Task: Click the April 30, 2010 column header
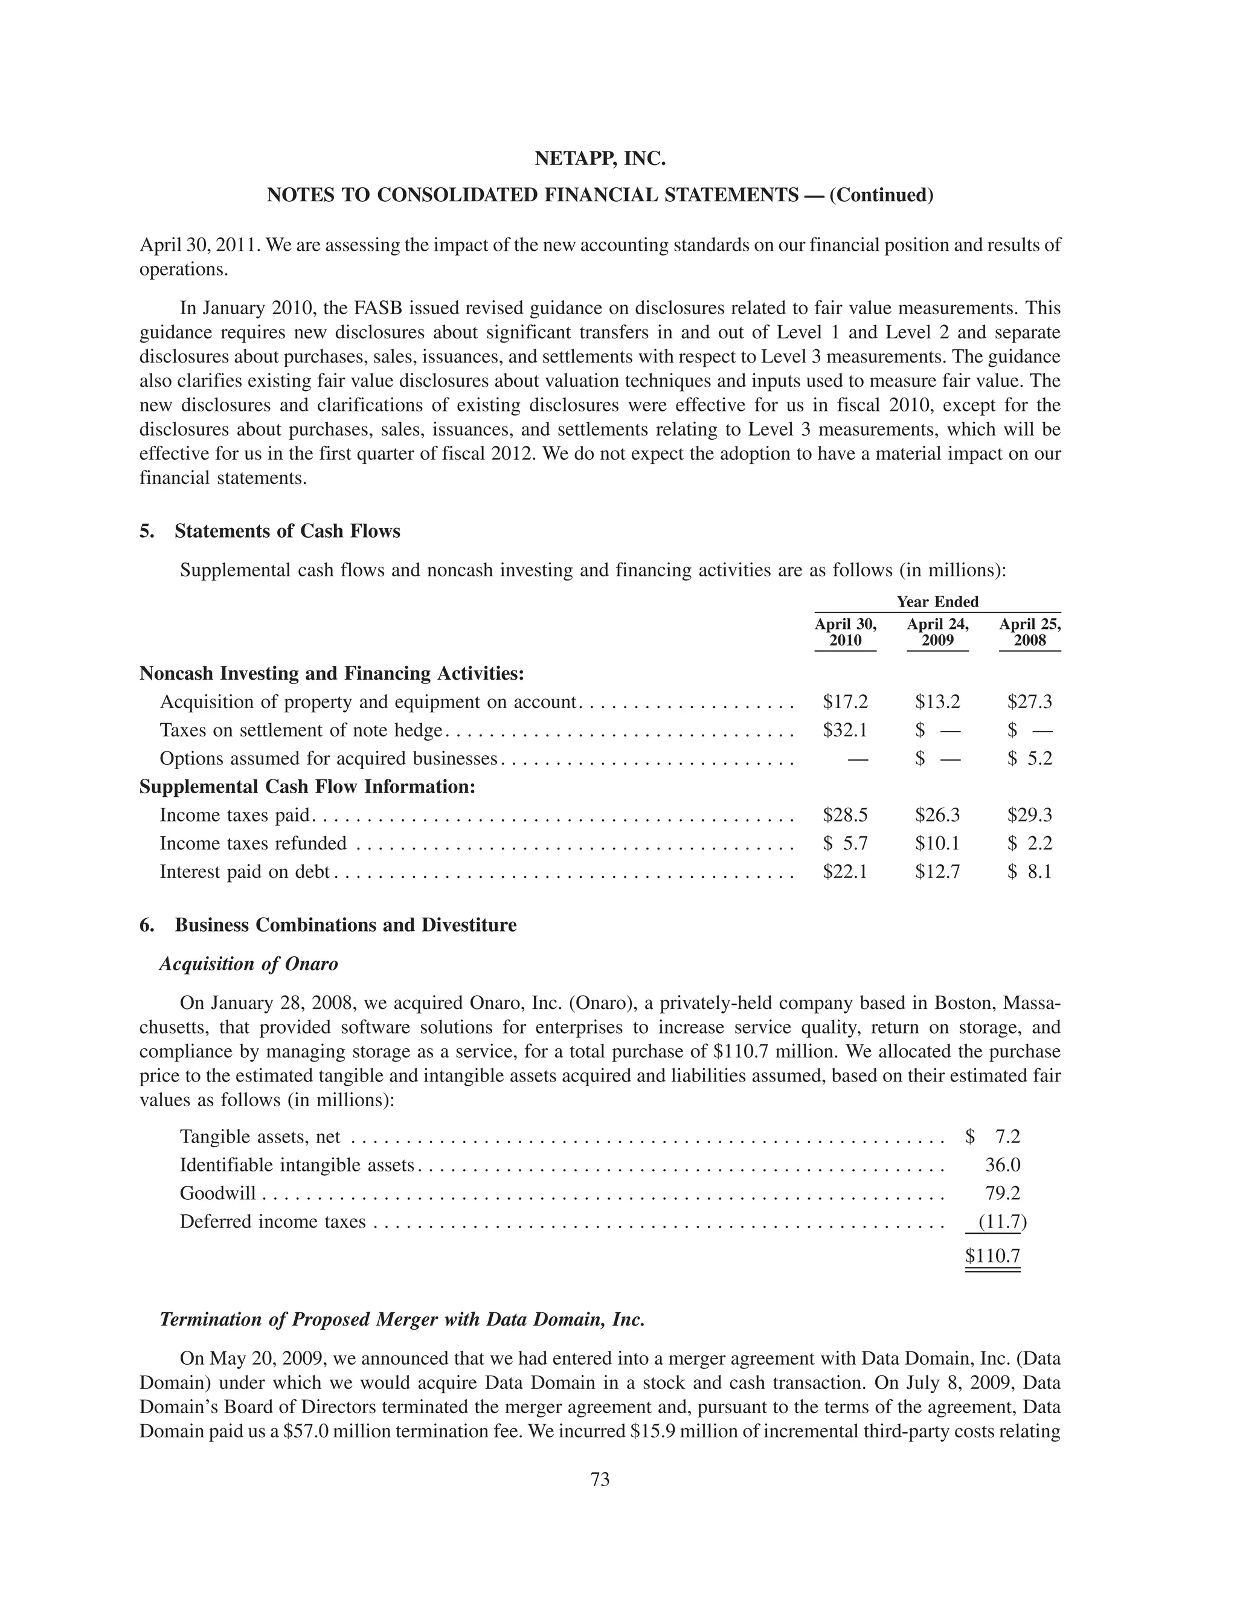click(845, 633)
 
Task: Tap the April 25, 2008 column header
click(1030, 633)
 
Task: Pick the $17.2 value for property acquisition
click(845, 702)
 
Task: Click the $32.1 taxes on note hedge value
click(845, 730)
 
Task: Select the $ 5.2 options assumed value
click(1030, 759)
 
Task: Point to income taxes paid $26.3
click(937, 815)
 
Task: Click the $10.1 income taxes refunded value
click(937, 844)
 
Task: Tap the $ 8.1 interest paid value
click(1030, 872)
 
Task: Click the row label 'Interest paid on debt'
click(245, 872)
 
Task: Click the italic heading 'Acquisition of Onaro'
click(248, 964)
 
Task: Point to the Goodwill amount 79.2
click(1003, 1193)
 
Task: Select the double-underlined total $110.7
click(993, 1257)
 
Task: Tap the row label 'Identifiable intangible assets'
click(297, 1165)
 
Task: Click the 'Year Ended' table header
click(937, 602)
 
